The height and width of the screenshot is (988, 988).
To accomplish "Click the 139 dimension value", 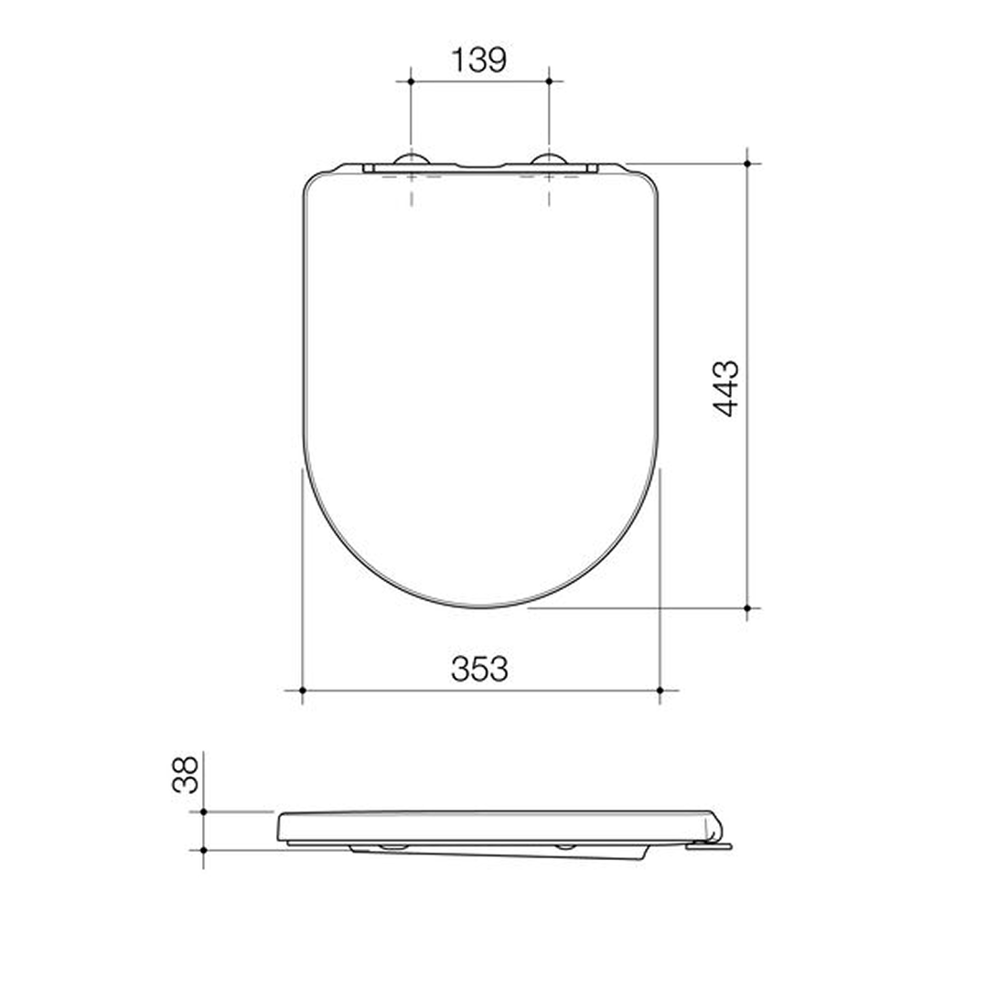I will (478, 60).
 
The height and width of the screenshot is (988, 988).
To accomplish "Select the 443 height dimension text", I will (727, 389).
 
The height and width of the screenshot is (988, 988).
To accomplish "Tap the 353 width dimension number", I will (479, 670).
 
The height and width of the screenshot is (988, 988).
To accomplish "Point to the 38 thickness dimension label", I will (186, 774).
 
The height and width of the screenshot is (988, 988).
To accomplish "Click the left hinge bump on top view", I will (411, 160).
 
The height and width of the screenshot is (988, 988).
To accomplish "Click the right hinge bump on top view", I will (549, 160).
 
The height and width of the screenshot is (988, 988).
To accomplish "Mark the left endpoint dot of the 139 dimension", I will (411, 81).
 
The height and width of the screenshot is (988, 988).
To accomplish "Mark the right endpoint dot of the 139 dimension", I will (549, 81).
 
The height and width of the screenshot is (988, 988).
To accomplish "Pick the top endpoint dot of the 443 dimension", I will (747, 164).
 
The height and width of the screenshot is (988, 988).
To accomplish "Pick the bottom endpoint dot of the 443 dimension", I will (747, 607).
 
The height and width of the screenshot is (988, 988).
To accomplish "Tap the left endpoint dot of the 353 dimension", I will (302, 690).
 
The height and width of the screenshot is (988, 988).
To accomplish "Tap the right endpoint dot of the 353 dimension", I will (660, 690).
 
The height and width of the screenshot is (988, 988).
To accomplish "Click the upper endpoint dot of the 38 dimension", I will (203, 811).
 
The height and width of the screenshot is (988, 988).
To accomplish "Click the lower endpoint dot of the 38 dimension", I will (203, 850).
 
